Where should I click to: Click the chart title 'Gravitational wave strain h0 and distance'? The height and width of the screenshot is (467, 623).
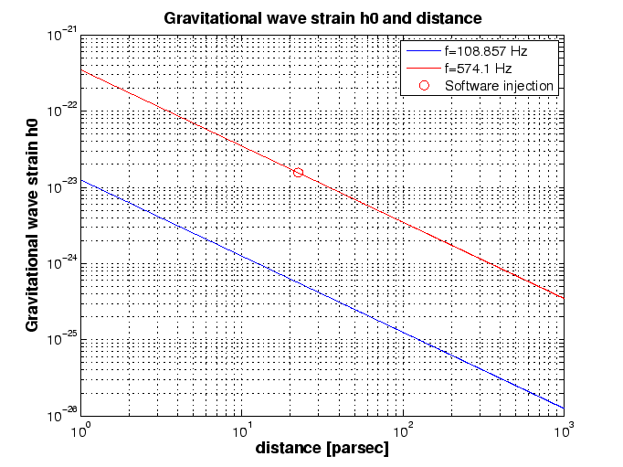[322, 18]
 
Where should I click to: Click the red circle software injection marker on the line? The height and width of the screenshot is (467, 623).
[298, 172]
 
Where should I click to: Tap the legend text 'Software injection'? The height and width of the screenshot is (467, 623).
[499, 86]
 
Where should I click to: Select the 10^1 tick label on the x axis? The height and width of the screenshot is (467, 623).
[242, 429]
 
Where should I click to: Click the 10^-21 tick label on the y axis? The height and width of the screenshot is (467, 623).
[62, 35]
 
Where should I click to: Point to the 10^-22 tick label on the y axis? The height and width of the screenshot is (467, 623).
[62, 111]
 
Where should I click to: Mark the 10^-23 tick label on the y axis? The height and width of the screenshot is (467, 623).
[62, 186]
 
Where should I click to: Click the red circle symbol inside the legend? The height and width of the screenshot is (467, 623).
[425, 86]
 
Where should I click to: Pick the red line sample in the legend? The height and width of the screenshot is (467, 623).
[425, 69]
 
